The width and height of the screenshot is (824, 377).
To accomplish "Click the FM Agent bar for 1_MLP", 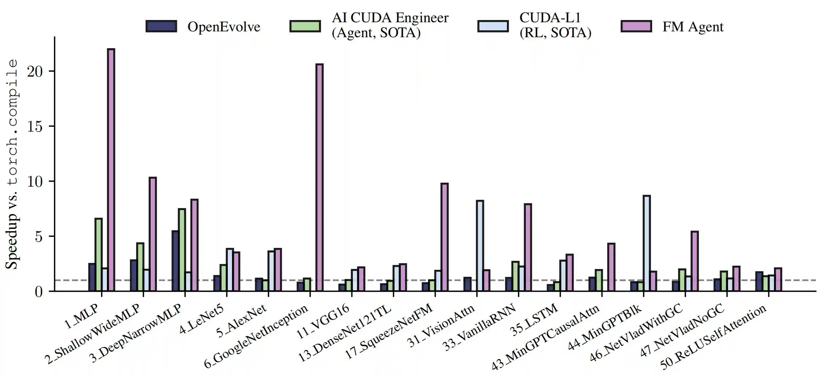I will [x=111, y=170].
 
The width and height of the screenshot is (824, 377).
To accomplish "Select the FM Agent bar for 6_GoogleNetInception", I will [x=319, y=178].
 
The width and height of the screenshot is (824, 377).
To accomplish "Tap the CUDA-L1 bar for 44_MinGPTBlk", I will [x=646, y=243].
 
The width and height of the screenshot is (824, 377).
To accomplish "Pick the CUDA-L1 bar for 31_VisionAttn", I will [x=480, y=246].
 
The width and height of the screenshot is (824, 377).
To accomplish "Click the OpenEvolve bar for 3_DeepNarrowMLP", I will [x=175, y=261].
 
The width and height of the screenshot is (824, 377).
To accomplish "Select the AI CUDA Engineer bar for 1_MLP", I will [x=99, y=254].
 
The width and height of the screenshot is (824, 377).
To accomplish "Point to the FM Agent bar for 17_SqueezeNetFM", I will [x=444, y=237].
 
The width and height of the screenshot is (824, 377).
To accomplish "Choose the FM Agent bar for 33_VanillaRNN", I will [x=528, y=247].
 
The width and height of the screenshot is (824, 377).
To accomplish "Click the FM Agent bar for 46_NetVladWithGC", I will [x=694, y=261].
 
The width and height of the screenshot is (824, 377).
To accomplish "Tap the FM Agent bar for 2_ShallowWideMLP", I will [x=153, y=234].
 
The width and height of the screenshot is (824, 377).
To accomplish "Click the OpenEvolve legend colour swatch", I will [x=161, y=26].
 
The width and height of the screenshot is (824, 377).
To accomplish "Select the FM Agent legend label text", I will [x=693, y=27].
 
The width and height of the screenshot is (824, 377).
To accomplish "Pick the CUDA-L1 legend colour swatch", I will [x=493, y=26].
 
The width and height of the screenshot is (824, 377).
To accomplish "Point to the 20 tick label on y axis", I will [x=35, y=71].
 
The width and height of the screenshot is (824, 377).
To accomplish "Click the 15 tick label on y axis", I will [x=35, y=127].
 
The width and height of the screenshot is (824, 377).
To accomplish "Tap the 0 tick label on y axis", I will [x=39, y=292].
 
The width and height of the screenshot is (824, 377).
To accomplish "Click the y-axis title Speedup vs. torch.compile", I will [x=12, y=164].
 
